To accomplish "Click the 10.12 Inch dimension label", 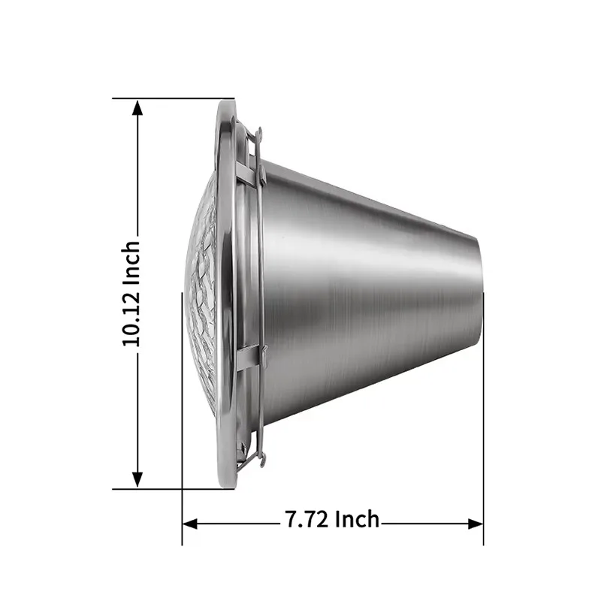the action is tap(131, 294).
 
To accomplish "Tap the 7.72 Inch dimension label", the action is tap(332, 519).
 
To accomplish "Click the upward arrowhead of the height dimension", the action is tap(137, 107).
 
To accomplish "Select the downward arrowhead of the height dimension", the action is tap(137, 479).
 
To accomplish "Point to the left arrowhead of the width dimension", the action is tap(190, 524).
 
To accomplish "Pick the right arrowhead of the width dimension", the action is tap(476, 524).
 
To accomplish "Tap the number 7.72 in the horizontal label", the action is tap(307, 519).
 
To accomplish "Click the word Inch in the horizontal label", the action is tap(358, 519).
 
